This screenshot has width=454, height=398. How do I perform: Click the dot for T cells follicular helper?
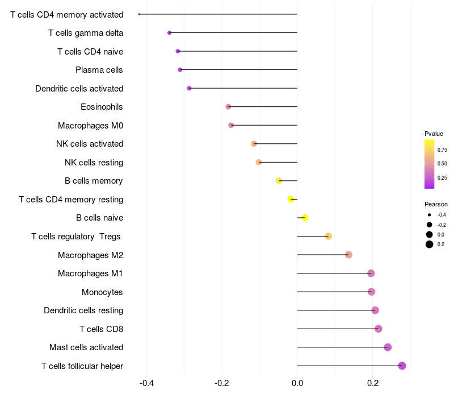pyautogui.click(x=402, y=366)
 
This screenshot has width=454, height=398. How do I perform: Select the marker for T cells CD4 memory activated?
pyautogui.click(x=139, y=14)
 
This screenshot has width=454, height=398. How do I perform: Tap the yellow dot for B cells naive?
pyautogui.click(x=305, y=218)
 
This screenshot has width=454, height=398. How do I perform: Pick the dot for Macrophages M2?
pyautogui.click(x=348, y=255)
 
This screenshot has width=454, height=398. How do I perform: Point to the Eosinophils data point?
pyautogui.click(x=228, y=107)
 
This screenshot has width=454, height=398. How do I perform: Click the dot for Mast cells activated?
pyautogui.click(x=388, y=347)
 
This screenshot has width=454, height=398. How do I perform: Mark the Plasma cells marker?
pyautogui.click(x=180, y=70)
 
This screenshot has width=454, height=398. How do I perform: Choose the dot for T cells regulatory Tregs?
pyautogui.click(x=328, y=236)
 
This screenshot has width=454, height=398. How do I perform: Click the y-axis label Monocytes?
pyautogui.click(x=102, y=292)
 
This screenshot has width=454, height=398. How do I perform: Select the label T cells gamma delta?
pyautogui.click(x=86, y=33)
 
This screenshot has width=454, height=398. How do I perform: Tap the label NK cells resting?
pyautogui.click(x=94, y=163)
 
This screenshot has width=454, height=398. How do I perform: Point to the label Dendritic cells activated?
pyautogui.click(x=79, y=89)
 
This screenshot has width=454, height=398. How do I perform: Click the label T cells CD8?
pyautogui.click(x=101, y=329)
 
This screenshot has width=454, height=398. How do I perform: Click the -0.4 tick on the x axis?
pyautogui.click(x=146, y=383)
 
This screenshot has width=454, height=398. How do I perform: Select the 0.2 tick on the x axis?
pyautogui.click(x=372, y=383)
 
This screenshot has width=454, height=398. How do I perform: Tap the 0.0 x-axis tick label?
pyautogui.click(x=297, y=383)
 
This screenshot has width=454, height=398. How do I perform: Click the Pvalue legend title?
pyautogui.click(x=434, y=134)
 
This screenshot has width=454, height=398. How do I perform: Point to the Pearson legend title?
pyautogui.click(x=436, y=204)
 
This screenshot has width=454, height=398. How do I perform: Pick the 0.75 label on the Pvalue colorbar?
pyautogui.click(x=442, y=150)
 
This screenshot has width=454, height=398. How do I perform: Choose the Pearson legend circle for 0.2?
pyautogui.click(x=430, y=244)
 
